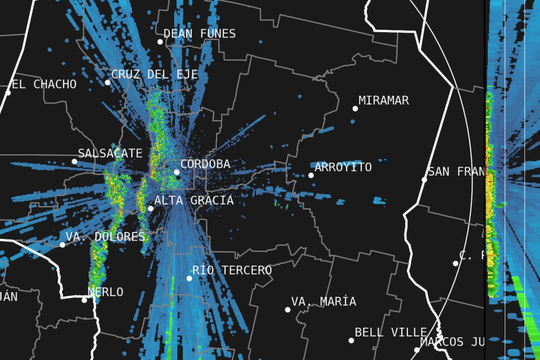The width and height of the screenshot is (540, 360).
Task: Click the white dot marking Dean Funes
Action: point(160,42)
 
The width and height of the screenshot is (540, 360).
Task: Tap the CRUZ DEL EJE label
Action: point(154,74)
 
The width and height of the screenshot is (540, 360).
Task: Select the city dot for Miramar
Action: point(355,108)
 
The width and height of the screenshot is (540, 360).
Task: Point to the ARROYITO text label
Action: point(343,167)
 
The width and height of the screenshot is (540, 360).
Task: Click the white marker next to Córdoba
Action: point(177,172)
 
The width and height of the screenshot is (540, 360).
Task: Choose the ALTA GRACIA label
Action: point(194,200)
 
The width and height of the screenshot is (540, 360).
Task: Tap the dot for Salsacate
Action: point(74,162)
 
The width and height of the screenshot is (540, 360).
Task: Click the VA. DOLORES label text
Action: point(105,237)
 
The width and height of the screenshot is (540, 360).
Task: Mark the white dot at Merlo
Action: point(84,300)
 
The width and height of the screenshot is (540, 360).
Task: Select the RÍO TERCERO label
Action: point(232,270)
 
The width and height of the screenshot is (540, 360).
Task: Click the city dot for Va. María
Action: point(288,310)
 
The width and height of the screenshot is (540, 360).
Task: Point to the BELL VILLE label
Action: point(391,333)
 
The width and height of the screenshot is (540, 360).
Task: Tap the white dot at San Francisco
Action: point(424,180)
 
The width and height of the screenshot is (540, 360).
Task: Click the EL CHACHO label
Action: point(44,84)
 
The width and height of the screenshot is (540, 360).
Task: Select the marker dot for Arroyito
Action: point(310,175)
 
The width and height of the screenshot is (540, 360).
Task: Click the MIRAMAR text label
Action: point(383,100)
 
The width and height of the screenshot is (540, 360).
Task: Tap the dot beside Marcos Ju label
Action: point(417,350)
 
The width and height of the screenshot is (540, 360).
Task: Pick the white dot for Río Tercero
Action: point(189,279)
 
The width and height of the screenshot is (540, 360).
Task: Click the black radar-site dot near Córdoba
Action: point(179,178)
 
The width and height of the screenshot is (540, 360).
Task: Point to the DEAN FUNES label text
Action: point(199,34)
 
